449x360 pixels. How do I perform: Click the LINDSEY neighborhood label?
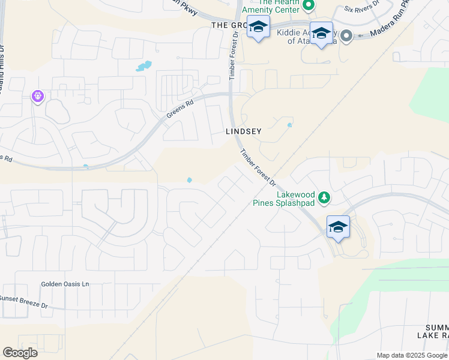[243, 131]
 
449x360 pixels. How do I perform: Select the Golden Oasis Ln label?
[65, 284]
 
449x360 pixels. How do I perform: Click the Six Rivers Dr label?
[362, 10]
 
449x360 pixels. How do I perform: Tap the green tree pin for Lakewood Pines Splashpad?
[324, 197]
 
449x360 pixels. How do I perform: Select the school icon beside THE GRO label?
[259, 29]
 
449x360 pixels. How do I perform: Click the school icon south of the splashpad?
[338, 227]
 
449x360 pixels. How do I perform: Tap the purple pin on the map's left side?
[38, 95]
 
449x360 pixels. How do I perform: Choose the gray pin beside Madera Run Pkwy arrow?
[346, 36]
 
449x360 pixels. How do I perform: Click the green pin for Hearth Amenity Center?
[309, 6]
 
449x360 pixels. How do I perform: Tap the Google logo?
[20, 353]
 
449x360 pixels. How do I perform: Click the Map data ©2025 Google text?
[411, 355]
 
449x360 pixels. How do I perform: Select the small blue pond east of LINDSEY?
[290, 125]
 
